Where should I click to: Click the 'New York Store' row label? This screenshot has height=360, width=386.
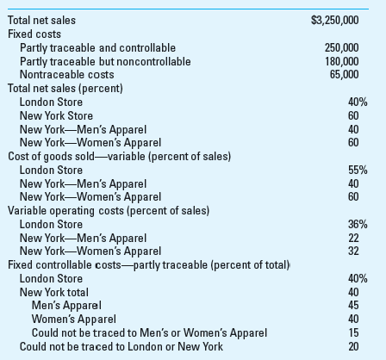click(56, 115)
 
